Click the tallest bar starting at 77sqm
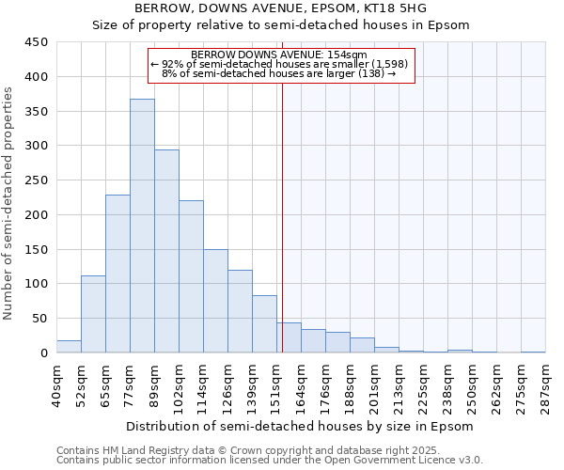point(142,226)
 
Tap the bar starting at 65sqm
point(117,274)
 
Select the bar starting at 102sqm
point(191,276)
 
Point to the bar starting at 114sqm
point(215,301)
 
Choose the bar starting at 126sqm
point(240,311)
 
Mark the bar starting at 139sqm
point(264,324)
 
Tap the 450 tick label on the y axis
point(37,42)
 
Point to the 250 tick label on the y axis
point(37,180)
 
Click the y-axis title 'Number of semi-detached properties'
point(9,202)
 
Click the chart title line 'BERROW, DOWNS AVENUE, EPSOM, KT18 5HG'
point(281,8)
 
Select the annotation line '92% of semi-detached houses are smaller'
point(281,63)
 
